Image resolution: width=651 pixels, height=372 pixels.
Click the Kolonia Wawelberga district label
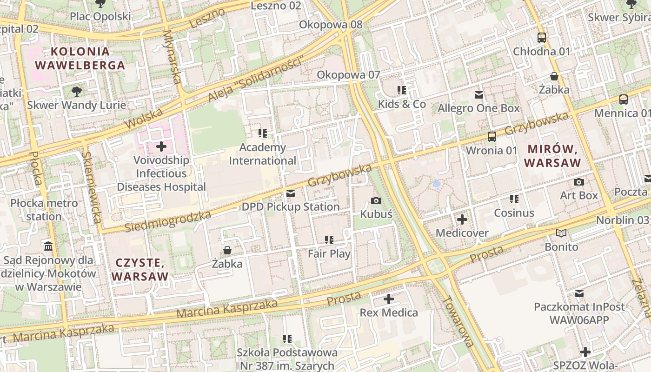(x=80, y=59)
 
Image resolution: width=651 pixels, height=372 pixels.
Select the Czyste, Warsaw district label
(x=140, y=270)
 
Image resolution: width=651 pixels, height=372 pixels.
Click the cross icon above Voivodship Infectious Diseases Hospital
(x=161, y=147)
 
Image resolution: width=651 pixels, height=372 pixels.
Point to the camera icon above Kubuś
(x=376, y=201)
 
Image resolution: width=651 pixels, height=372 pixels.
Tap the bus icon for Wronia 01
(x=492, y=137)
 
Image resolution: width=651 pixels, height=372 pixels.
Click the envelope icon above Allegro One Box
(x=478, y=95)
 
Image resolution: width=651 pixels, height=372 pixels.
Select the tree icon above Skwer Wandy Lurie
(x=77, y=92)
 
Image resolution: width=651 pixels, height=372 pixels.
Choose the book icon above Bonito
(x=561, y=233)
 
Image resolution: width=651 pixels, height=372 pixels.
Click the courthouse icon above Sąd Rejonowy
(x=48, y=246)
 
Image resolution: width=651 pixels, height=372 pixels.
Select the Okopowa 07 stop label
(x=348, y=75)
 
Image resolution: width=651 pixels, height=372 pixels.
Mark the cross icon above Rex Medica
(x=389, y=299)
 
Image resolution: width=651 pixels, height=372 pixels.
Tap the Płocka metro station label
(x=44, y=210)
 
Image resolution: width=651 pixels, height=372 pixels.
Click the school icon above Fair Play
(x=329, y=240)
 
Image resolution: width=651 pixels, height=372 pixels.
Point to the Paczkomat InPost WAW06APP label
(x=579, y=313)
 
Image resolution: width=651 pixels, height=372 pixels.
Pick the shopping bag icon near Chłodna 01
(x=554, y=76)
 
